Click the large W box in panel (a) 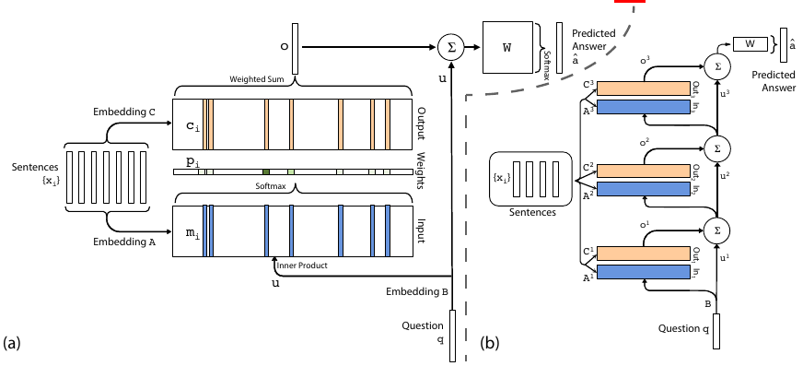(x=506, y=47)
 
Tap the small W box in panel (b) (x=750, y=42)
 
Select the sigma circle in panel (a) (x=450, y=47)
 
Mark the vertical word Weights (x=420, y=172)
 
